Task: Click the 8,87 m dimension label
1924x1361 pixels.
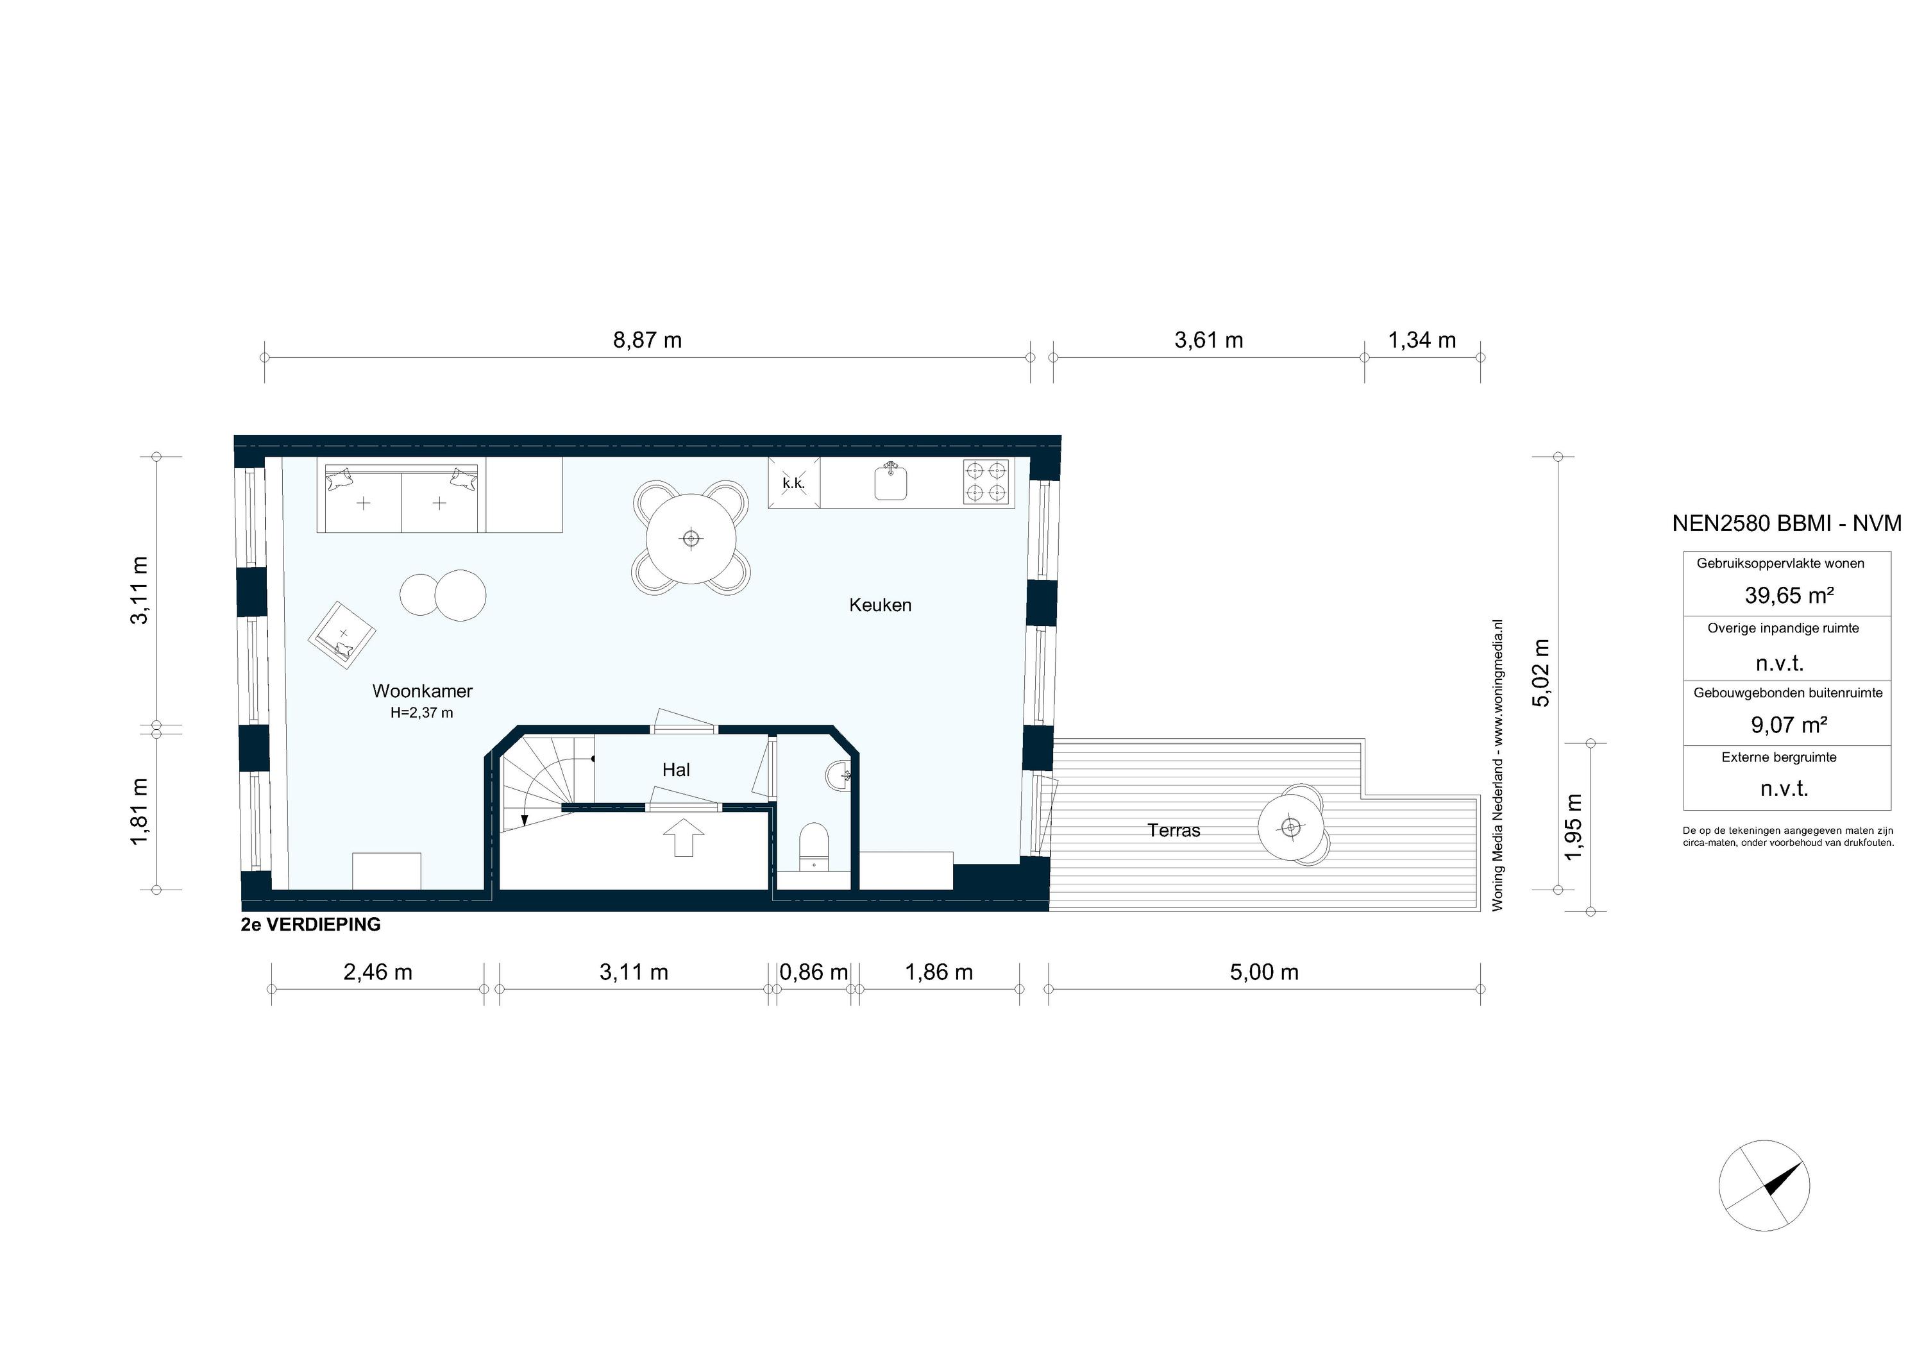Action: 647,340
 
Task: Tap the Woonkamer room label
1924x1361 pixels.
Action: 423,691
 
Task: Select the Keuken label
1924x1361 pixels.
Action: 880,605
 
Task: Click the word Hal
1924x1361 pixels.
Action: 675,770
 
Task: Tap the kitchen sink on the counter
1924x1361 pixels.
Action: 891,483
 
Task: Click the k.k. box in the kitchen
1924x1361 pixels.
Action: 793,483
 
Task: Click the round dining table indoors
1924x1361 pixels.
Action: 691,539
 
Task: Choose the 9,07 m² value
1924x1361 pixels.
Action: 1788,725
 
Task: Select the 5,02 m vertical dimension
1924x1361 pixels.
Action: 1540,673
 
